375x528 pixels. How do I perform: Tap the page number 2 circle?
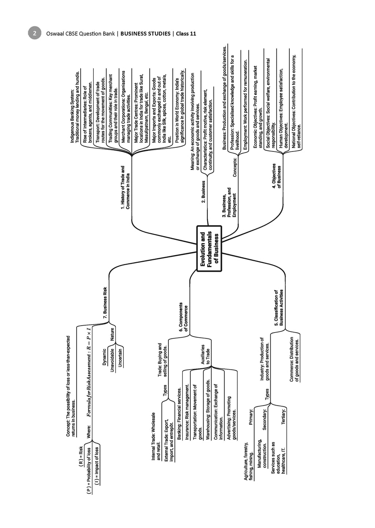click(34, 33)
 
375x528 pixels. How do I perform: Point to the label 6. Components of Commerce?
click(183, 317)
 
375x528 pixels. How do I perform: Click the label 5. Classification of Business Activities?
click(279, 307)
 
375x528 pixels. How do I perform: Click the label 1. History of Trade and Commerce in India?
click(125, 187)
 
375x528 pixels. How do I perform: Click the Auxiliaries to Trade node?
click(205, 354)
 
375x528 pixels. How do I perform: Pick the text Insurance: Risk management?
click(187, 412)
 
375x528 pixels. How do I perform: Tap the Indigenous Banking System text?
click(75, 109)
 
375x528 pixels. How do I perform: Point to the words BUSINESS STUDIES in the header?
click(145, 34)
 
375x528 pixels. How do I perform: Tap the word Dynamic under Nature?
click(105, 357)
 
